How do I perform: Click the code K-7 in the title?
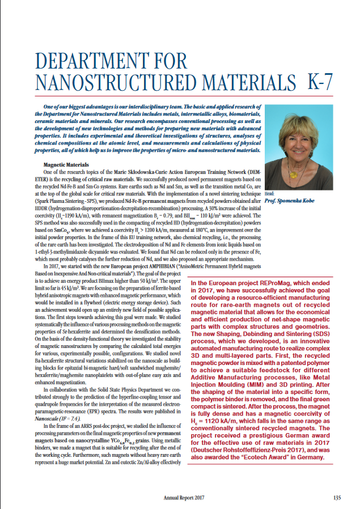(x=320, y=82)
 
